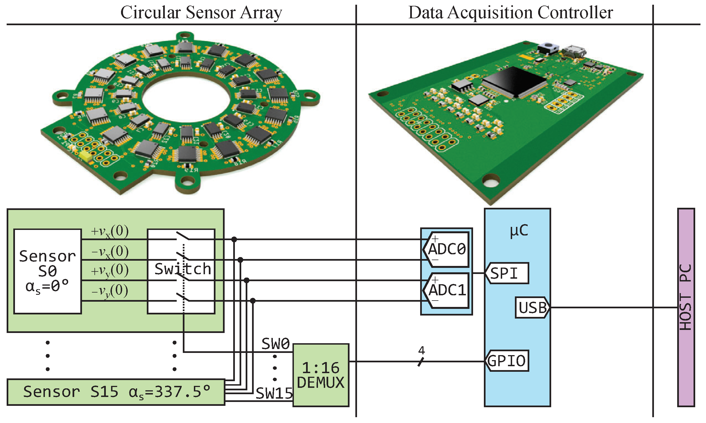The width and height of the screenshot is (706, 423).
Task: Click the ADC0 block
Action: point(446,249)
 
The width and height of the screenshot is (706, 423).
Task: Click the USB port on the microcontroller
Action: point(532,307)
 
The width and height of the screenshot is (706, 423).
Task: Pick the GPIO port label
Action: point(507,361)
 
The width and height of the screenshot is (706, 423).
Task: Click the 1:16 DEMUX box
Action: point(321,375)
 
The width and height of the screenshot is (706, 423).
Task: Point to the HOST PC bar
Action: point(686,307)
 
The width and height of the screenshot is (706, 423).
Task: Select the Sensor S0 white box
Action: point(47,271)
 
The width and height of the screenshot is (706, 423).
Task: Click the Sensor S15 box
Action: point(116,392)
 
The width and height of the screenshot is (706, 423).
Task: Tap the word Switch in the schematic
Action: point(182,269)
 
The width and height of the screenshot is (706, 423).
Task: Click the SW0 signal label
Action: point(275,343)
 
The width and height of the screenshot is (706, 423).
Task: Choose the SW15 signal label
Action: point(274,394)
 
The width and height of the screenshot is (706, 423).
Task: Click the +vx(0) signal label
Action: point(110,231)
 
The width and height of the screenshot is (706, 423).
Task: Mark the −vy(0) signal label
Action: point(110,291)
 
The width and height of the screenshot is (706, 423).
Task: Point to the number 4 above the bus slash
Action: point(421,350)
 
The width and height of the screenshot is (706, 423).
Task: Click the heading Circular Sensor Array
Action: point(201,12)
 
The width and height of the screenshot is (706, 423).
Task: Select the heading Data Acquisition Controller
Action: point(510,12)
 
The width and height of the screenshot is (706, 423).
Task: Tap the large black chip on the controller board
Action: point(514,81)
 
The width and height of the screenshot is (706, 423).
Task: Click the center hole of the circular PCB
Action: point(186,99)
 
